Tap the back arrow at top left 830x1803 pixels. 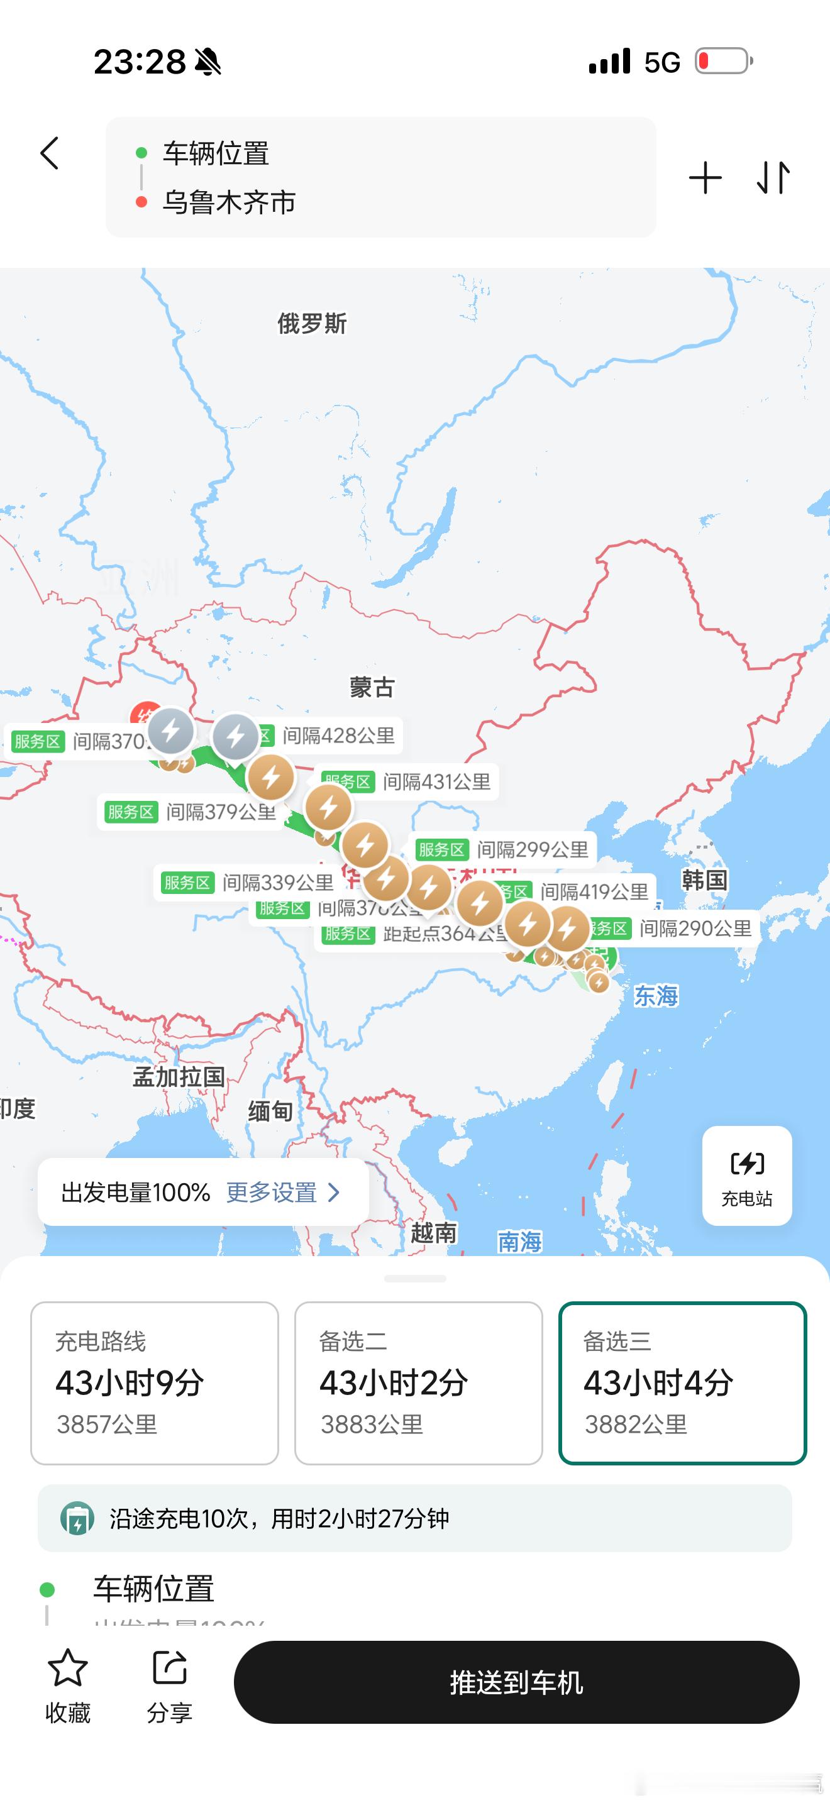coord(50,153)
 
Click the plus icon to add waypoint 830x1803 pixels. coord(705,178)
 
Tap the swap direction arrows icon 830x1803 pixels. coord(773,178)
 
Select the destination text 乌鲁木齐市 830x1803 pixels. coord(229,202)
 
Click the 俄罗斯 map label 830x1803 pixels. coord(311,323)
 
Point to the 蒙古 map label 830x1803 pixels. coord(372,687)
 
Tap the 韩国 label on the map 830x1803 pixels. coord(704,879)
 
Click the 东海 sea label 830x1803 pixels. coord(656,995)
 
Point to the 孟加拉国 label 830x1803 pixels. coord(179,1076)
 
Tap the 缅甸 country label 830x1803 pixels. coord(270,1111)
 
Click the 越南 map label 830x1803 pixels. coord(433,1233)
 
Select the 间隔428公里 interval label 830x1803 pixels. coord(339,736)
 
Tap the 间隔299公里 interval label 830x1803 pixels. coord(532,850)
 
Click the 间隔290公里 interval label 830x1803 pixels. coord(695,929)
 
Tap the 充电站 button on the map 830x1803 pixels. coord(747,1175)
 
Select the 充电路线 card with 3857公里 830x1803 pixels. coord(155,1382)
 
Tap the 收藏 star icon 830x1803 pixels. coord(68,1668)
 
